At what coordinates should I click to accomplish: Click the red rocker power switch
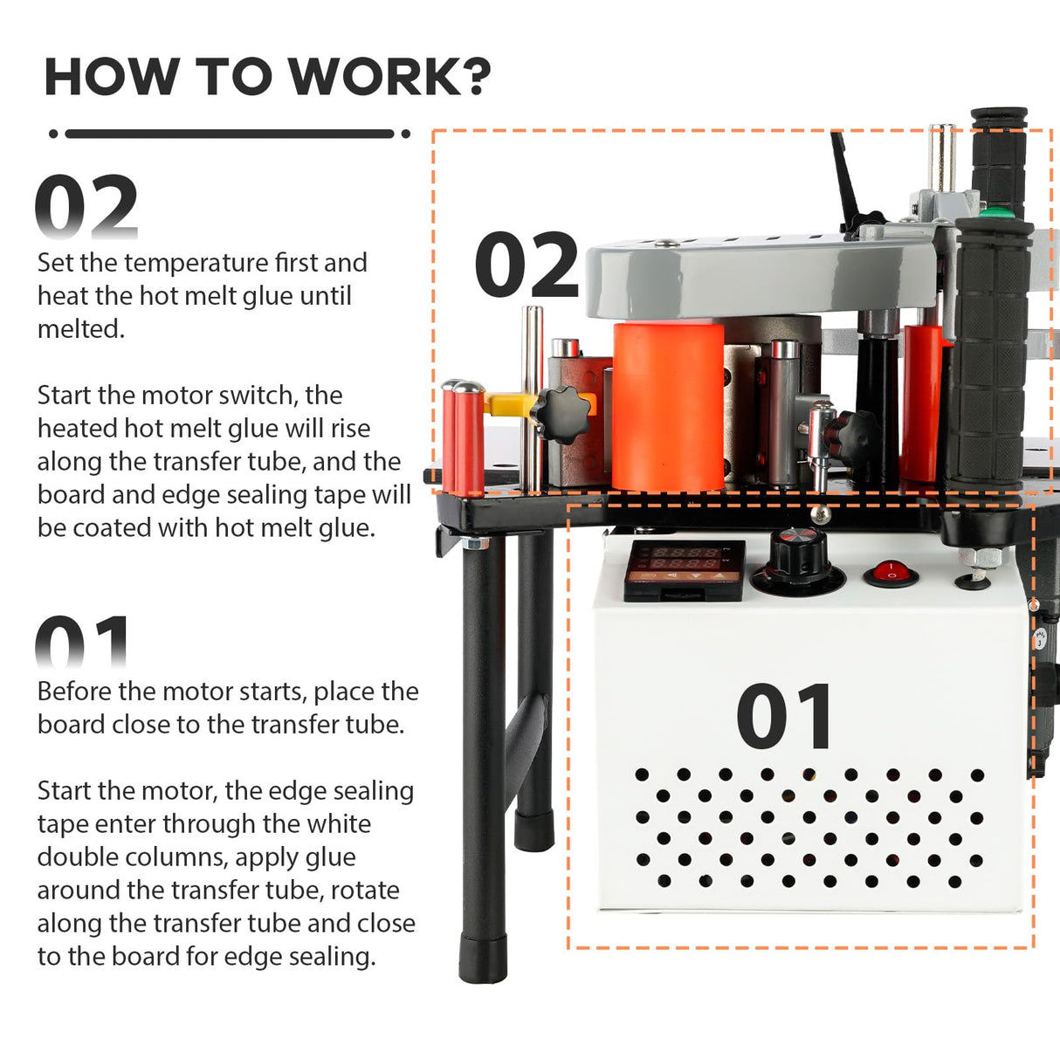click(x=891, y=575)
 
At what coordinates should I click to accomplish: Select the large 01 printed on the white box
click(x=784, y=718)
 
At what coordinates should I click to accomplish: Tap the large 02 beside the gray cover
click(x=527, y=265)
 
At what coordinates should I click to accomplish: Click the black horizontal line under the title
click(x=230, y=134)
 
